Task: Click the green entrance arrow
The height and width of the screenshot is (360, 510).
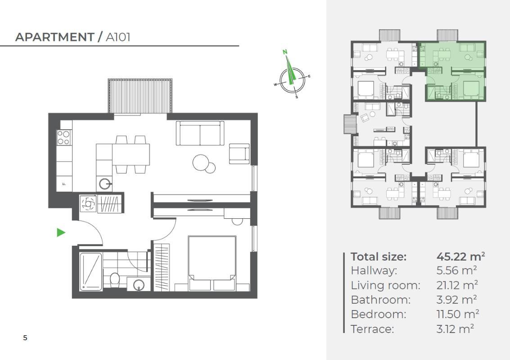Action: click(x=61, y=233)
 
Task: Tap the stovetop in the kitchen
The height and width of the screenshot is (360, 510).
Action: click(x=64, y=137)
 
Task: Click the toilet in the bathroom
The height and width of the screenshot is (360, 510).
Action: click(x=114, y=280)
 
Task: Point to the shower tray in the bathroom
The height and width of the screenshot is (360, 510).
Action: click(x=91, y=271)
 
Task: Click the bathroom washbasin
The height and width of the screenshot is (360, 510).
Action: click(x=139, y=284)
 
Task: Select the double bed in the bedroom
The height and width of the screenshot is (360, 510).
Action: click(x=212, y=263)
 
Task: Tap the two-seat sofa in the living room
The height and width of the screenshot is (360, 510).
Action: click(x=200, y=133)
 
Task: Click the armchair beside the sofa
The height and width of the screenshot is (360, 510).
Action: click(x=239, y=153)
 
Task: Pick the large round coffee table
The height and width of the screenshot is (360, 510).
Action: click(x=200, y=162)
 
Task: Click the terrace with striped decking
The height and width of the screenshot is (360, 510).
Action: click(x=140, y=96)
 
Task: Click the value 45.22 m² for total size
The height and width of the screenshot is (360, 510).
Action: click(x=460, y=256)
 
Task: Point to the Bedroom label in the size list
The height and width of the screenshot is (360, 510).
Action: click(x=379, y=315)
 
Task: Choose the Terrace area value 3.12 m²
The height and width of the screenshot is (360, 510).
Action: click(x=455, y=329)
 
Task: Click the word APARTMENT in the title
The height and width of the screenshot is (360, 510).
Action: click(x=54, y=37)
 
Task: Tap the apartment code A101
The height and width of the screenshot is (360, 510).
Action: click(x=118, y=37)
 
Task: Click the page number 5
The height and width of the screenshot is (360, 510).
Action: click(x=25, y=338)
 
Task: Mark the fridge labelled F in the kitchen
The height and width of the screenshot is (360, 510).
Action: click(x=64, y=184)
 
